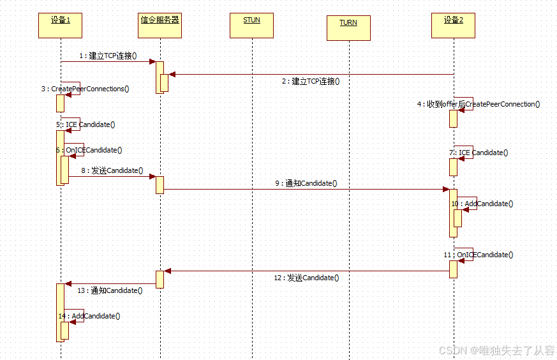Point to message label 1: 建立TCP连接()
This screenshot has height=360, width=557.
[x=108, y=56]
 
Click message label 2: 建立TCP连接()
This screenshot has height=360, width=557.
[x=311, y=81]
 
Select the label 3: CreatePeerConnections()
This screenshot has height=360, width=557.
[x=85, y=89]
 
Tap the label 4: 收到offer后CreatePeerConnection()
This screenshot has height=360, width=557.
[x=479, y=103]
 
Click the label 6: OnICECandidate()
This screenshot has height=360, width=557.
[x=89, y=150]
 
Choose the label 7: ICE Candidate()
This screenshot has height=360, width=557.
[x=479, y=153]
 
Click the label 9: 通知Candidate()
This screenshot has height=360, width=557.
[x=306, y=183]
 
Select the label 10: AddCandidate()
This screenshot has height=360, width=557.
[x=482, y=204]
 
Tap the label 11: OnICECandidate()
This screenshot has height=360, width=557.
[x=478, y=255]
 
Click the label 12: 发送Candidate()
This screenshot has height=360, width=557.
[x=306, y=278]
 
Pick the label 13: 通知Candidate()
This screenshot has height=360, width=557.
[x=109, y=290]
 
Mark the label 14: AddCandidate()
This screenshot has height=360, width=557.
[x=89, y=316]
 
